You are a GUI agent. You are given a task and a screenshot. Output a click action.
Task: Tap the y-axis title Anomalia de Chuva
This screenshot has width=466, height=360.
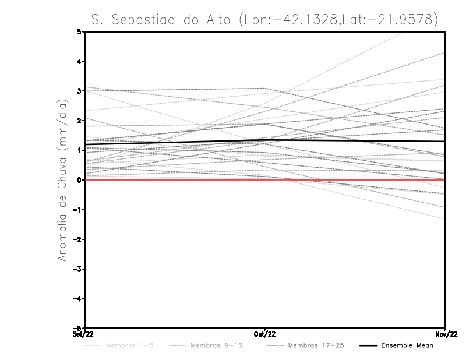pyautogui.click(x=61, y=179)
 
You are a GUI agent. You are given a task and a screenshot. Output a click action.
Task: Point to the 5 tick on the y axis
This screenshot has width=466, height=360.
pyautogui.click(x=79, y=31)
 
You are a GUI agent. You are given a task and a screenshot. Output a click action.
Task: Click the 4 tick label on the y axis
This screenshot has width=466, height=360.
pyautogui.click(x=79, y=61)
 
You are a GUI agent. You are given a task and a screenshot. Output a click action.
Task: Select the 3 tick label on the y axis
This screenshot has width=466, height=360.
pyautogui.click(x=79, y=91)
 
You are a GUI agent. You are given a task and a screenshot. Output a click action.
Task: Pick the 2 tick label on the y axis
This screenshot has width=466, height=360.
pyautogui.click(x=79, y=121)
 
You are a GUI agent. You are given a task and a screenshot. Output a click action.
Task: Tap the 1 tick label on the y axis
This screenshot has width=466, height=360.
pyautogui.click(x=79, y=150)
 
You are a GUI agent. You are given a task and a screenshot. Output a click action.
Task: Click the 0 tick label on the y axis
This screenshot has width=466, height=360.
pyautogui.click(x=79, y=180)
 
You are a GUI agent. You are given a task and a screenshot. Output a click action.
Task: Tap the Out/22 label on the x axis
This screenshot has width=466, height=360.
pyautogui.click(x=265, y=334)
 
